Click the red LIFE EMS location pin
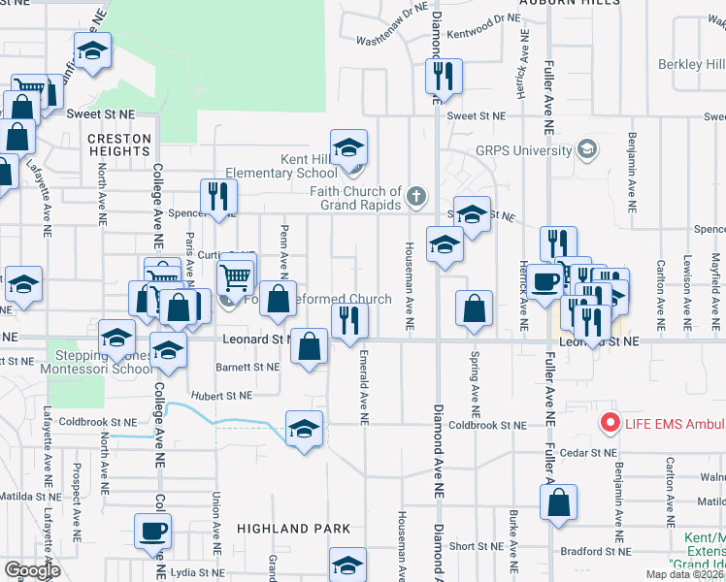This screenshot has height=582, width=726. coord(610,423)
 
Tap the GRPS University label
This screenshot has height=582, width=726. coord(523,151)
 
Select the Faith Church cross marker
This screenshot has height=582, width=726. coord(416,197)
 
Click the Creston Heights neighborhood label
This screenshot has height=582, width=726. coord(119,145)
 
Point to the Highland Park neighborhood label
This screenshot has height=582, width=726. coord(285,530)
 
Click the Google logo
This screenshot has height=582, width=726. coord(32,569)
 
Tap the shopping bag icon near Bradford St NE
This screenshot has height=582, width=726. coord(558,503)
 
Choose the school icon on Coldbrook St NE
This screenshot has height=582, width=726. coord(304,428)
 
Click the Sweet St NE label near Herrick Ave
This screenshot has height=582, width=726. coord(478,115)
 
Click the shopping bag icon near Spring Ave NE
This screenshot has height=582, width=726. coord(473,309)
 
